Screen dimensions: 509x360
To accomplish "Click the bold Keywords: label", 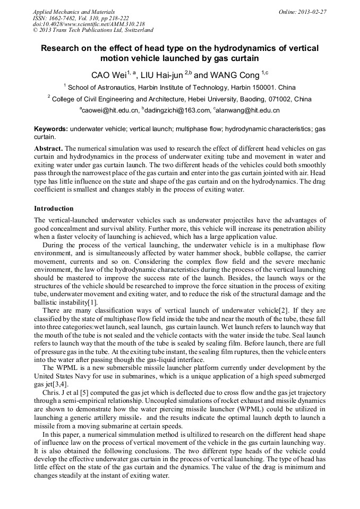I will click(50, 129).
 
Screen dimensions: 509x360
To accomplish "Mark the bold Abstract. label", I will click(48, 149).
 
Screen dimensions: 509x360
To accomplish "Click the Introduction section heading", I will click(54, 209).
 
